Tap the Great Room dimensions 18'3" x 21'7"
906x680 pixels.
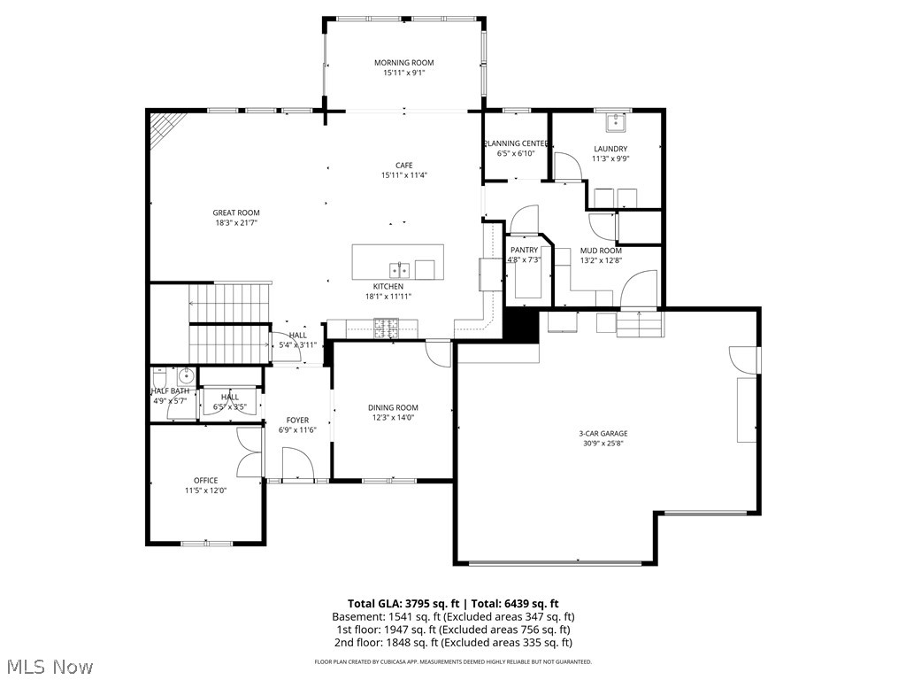(x=236, y=224)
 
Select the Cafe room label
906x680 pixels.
(x=403, y=165)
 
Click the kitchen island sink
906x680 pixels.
(x=397, y=270)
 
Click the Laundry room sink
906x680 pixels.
(x=610, y=122)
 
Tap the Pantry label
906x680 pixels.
(x=524, y=250)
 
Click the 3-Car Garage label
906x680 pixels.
(x=603, y=433)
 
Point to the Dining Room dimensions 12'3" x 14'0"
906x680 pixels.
(x=393, y=418)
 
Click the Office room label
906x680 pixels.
(x=206, y=481)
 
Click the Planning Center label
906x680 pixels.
(x=515, y=143)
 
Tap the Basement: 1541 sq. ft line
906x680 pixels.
(x=452, y=616)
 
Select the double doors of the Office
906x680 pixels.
(x=250, y=452)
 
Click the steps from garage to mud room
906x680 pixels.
(x=640, y=325)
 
